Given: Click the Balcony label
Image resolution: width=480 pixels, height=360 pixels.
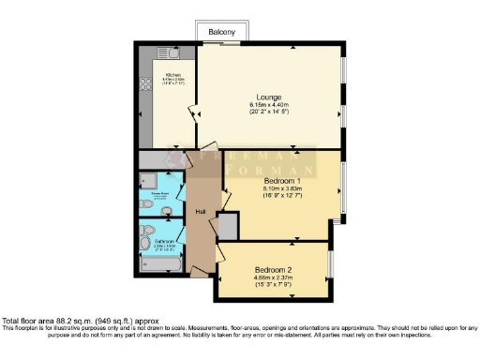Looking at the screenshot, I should pos(222,32).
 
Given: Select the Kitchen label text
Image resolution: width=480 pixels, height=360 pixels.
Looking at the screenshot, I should pos(173,75).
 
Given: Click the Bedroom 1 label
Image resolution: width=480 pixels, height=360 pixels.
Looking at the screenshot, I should pos(281,181).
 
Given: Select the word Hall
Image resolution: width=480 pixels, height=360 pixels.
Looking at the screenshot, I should pos(201,211).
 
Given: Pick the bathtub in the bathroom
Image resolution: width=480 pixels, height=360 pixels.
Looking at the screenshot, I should pos(160,266).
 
